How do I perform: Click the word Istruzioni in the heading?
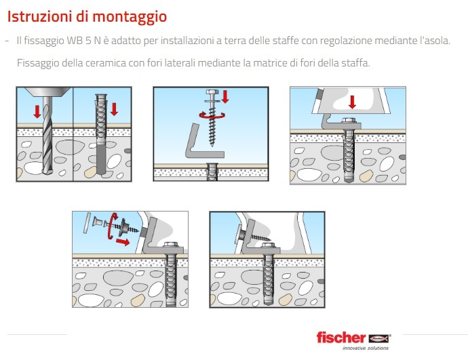(x=39, y=16)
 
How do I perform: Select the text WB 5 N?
(x=83, y=41)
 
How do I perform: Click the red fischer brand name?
(x=341, y=338)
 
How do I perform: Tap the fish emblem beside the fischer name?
(x=380, y=338)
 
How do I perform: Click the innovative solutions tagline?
(x=366, y=348)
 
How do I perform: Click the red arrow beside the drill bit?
(x=37, y=111)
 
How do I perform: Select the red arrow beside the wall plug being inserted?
(x=114, y=109)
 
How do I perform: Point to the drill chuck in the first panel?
(x=47, y=92)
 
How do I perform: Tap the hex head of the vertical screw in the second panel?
(x=212, y=92)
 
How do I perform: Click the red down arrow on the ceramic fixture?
(x=353, y=102)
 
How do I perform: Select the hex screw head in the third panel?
(x=349, y=120)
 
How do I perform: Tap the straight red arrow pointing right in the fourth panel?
(x=123, y=241)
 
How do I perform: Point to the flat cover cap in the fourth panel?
(x=87, y=223)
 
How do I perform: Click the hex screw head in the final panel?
(x=268, y=245)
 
